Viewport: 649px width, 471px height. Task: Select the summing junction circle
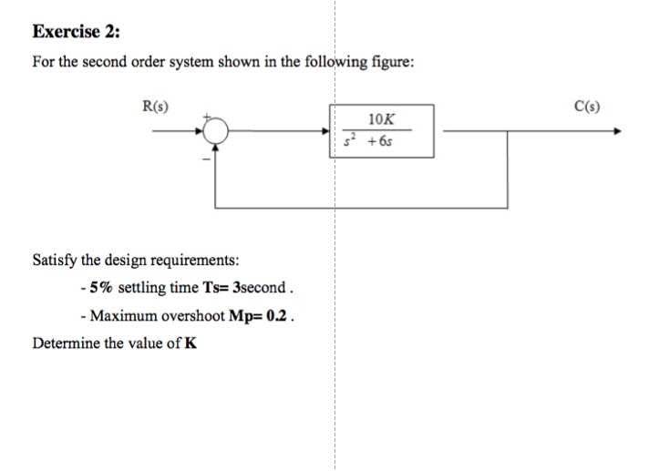[x=215, y=133]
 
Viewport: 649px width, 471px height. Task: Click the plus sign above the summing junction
[x=208, y=117]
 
